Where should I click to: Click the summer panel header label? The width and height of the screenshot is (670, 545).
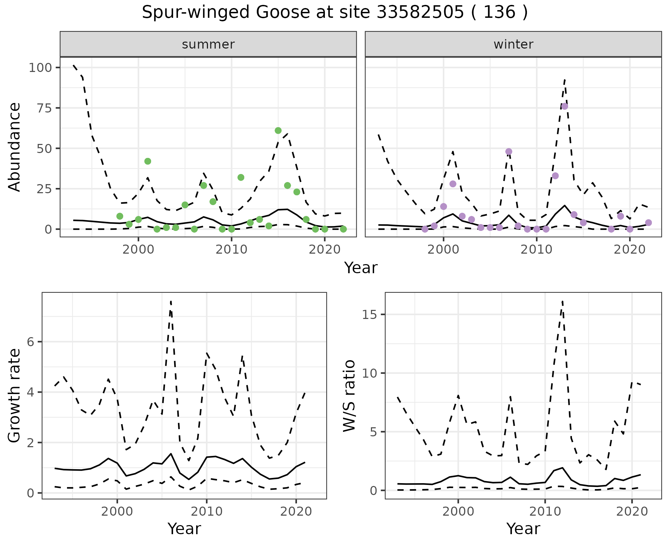pyautogui.click(x=208, y=44)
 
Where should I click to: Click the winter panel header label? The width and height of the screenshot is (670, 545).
pyautogui.click(x=513, y=44)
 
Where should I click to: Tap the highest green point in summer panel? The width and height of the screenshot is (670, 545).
pyautogui.click(x=278, y=131)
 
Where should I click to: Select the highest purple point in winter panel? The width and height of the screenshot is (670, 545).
pyautogui.click(x=565, y=106)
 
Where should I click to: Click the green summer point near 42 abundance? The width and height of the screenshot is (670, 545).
pyautogui.click(x=148, y=161)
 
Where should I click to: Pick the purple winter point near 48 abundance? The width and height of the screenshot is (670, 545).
pyautogui.click(x=509, y=152)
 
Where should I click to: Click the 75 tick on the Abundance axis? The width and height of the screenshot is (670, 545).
pyautogui.click(x=43, y=108)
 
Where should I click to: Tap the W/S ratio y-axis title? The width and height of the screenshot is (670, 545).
pyautogui.click(x=349, y=395)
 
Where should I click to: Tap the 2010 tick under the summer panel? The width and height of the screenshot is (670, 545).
pyautogui.click(x=231, y=250)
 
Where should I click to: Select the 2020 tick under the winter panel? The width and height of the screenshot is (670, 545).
pyautogui.click(x=630, y=250)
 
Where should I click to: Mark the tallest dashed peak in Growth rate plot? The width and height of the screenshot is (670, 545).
pyautogui.click(x=171, y=301)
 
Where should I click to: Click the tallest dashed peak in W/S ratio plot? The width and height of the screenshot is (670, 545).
pyautogui.click(x=563, y=301)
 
